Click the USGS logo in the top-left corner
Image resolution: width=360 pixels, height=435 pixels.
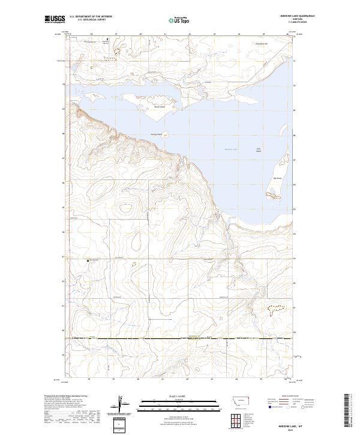click(x=55, y=19)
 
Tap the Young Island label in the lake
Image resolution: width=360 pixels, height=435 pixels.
click(x=156, y=134)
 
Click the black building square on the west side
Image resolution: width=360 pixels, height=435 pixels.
click(x=88, y=260)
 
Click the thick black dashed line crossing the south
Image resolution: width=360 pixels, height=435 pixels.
click(x=180, y=338)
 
